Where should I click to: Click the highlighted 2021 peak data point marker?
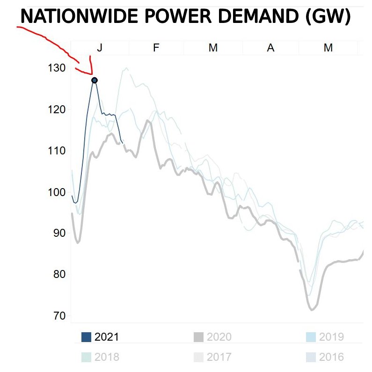point(95,80)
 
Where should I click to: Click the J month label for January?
point(100,48)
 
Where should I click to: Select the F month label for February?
point(156,48)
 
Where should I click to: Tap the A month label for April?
point(270,48)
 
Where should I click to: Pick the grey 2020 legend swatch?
point(198,337)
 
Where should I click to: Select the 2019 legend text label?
point(331,337)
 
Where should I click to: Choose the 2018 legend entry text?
point(107,357)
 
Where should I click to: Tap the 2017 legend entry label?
point(219,357)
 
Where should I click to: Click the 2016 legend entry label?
point(331,357)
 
